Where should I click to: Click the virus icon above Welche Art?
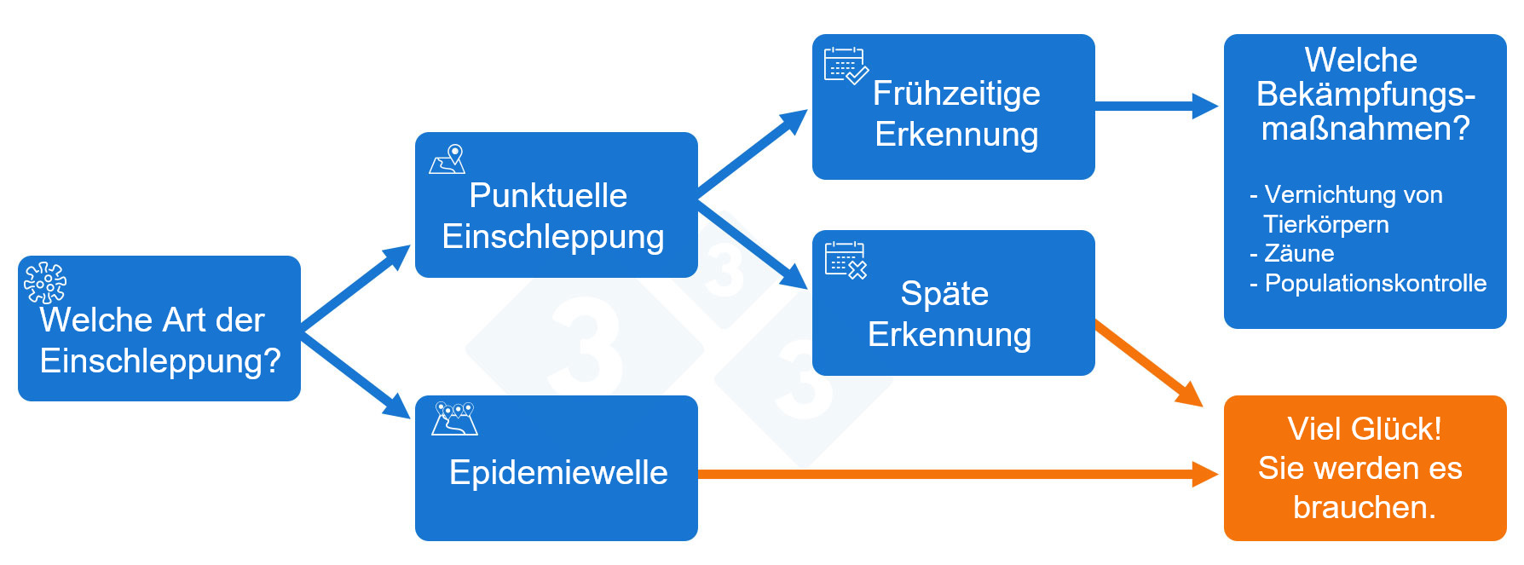tap(45, 283)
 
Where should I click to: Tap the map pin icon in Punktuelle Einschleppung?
tap(447, 159)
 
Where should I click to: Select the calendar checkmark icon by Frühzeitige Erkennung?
tap(845, 66)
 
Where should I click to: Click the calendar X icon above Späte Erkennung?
tap(846, 260)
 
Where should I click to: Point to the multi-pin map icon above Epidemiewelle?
tap(454, 418)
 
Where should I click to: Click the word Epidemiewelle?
tap(558, 472)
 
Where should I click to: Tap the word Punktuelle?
tap(548, 196)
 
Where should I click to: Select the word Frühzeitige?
tap(956, 94)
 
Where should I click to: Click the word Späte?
tap(944, 294)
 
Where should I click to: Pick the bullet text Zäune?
tap(1298, 254)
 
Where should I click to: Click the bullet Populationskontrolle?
tap(1375, 284)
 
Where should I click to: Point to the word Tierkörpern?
tap(1325, 225)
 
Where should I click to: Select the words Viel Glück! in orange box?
tap(1364, 429)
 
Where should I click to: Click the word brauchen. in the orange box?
tap(1364, 507)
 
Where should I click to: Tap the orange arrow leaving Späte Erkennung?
tap(1146, 361)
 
